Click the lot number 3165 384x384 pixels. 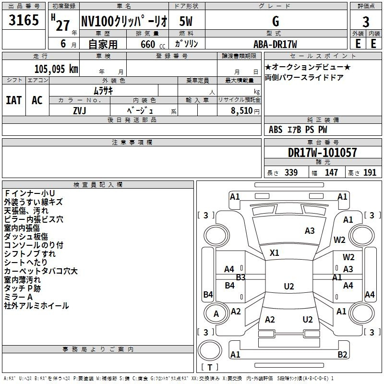24,20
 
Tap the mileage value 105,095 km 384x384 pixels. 56,69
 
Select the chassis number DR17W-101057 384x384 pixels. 322,153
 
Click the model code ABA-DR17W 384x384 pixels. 275,44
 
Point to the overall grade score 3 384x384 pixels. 366,22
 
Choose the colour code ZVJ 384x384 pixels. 80,111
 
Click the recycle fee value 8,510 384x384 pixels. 242,111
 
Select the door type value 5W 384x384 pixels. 186,21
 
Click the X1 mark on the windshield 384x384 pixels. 274,253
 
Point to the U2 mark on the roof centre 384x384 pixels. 289,286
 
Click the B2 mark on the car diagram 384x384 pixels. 342,354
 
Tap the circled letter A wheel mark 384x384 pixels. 216,314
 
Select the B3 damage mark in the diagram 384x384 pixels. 241,277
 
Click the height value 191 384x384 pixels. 370,172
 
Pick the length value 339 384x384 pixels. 291,172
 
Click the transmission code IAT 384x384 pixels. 14,100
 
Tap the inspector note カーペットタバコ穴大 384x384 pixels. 41,271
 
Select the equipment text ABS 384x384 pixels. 276,130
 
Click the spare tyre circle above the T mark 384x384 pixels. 210,350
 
